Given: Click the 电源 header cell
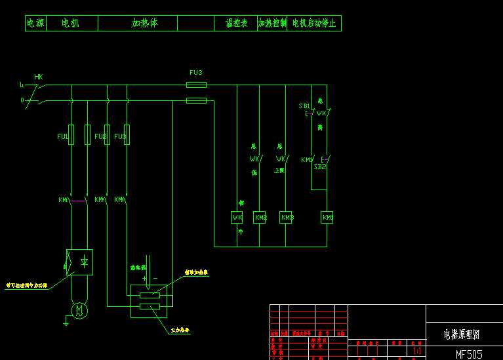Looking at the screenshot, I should click(35, 24).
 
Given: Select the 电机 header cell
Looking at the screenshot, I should click(70, 24).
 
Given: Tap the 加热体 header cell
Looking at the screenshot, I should click(144, 24).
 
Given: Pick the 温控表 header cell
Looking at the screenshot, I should click(236, 24).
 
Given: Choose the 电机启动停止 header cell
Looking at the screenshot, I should click(314, 24).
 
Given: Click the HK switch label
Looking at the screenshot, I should click(38, 77).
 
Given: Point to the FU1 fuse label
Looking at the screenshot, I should click(62, 136).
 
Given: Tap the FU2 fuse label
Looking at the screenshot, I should click(100, 136).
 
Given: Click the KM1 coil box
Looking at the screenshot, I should click(327, 217).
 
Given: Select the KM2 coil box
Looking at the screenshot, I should click(260, 217).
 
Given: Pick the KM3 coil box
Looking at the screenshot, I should click(287, 217).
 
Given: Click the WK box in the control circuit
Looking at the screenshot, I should click(237, 217).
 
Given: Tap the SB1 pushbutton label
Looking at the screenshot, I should click(304, 106).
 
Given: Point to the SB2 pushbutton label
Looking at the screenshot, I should click(319, 167).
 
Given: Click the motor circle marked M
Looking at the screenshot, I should click(79, 309).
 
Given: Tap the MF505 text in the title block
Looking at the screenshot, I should click(469, 354).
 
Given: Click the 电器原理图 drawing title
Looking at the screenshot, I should click(462, 334).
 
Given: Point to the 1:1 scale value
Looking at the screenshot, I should click(416, 351).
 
